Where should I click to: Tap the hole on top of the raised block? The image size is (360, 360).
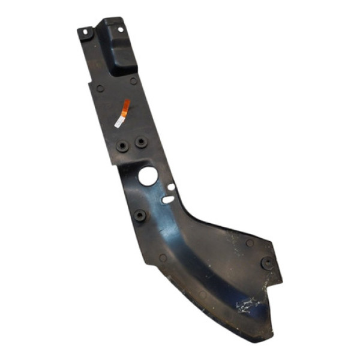tap(119, 29)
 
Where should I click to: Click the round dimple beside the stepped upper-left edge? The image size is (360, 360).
tap(100, 88)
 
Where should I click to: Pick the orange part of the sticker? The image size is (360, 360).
tap(125, 109)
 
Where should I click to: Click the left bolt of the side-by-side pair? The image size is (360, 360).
tap(124, 146)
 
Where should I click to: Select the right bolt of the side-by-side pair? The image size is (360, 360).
tap(140, 142)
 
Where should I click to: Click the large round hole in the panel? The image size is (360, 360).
tap(148, 175)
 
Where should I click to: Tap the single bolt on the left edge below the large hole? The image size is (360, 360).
tap(140, 215)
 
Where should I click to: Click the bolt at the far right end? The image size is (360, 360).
tap(266, 262)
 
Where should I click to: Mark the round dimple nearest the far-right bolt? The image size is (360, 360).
tap(249, 244)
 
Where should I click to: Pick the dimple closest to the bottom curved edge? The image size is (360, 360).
tap(203, 295)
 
